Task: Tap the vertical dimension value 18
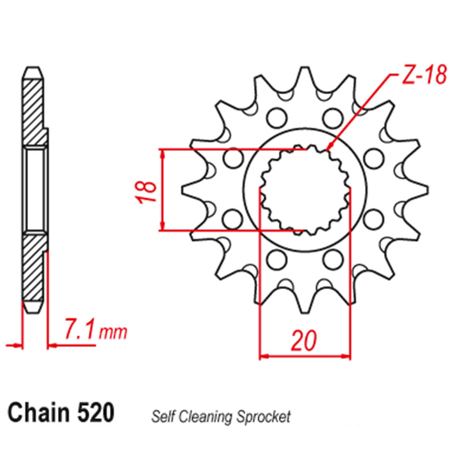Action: pos(147,190)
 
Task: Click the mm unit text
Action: pos(113,333)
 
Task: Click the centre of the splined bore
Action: pos(305,190)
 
